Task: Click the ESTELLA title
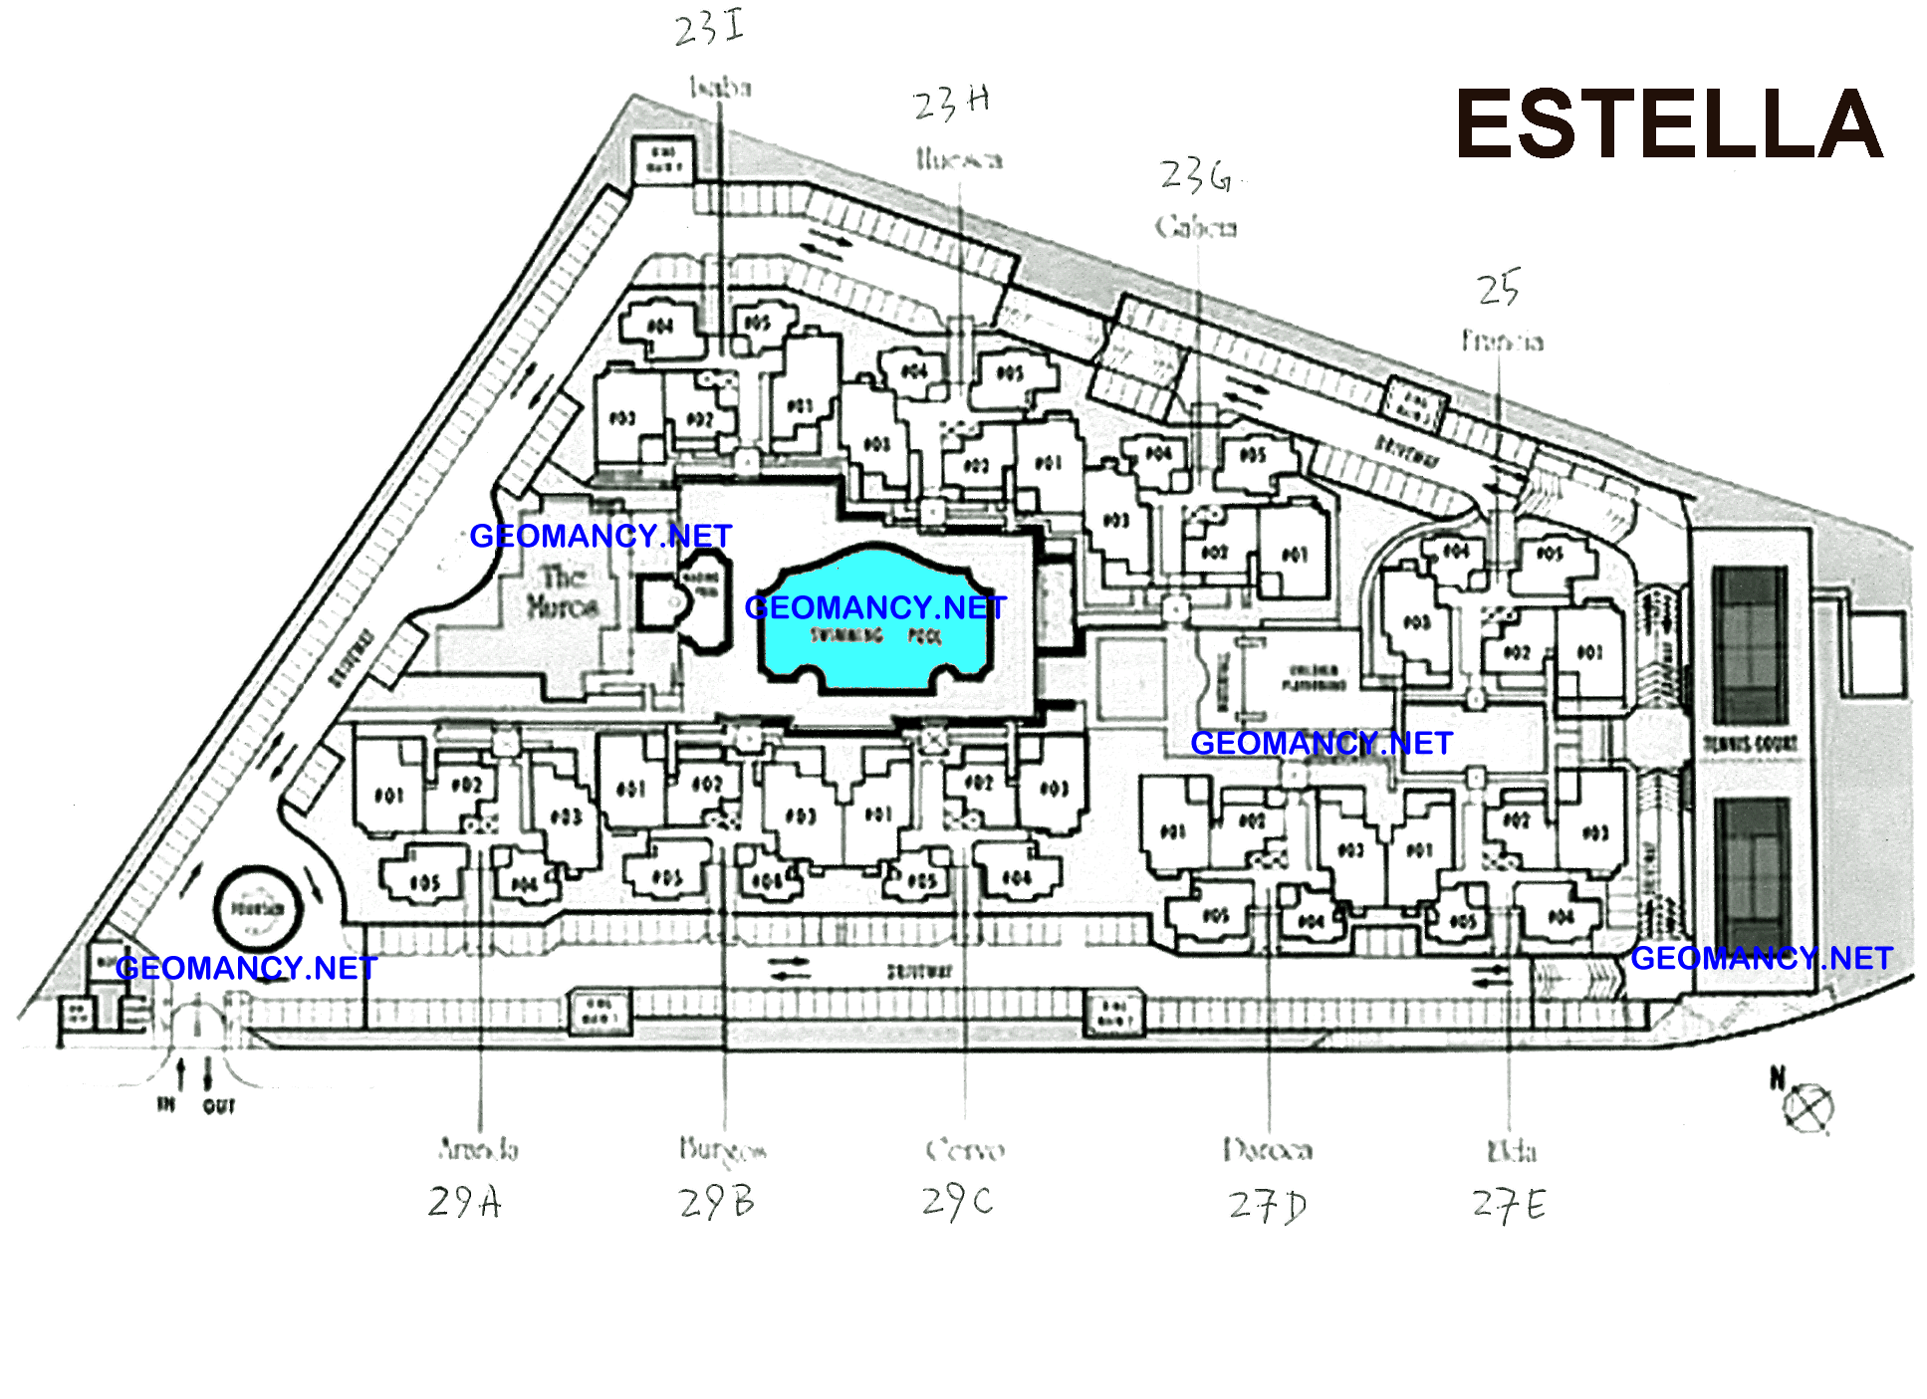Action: [1668, 124]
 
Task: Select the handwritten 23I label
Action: [708, 28]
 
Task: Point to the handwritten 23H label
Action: [951, 103]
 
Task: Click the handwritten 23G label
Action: [1196, 177]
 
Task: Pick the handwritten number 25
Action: [1498, 289]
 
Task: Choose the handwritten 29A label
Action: [464, 1202]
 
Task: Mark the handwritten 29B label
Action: [716, 1203]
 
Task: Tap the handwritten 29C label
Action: [957, 1202]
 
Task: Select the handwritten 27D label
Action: [1267, 1206]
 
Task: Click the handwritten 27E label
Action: [1509, 1205]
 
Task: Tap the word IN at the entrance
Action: [166, 1104]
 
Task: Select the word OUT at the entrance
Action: [219, 1106]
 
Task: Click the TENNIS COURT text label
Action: [1750, 744]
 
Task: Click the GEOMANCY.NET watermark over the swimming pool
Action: [875, 607]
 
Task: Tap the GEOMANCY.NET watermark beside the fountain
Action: [246, 968]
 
